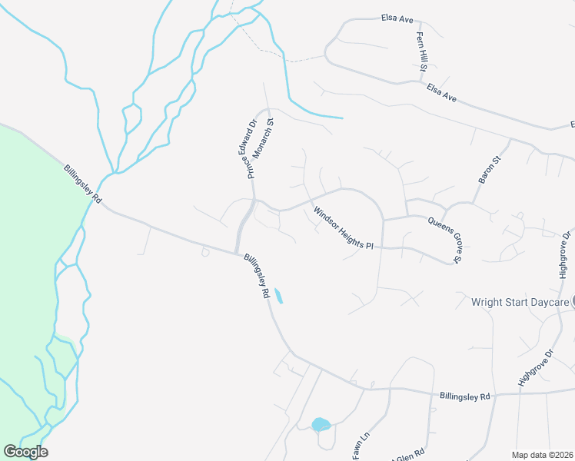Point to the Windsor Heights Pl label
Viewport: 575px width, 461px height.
(x=343, y=228)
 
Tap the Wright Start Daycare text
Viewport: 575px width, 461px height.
(x=520, y=302)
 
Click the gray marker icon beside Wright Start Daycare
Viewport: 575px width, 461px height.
(x=573, y=302)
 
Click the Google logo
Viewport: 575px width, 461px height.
(x=25, y=452)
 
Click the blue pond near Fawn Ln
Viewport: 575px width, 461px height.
(x=321, y=424)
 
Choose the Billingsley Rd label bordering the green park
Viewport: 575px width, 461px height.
(x=83, y=184)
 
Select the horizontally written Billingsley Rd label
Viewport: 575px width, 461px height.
(x=464, y=396)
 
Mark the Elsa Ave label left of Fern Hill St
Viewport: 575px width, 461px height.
(x=398, y=17)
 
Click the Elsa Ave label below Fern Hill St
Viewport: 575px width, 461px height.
(x=442, y=94)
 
